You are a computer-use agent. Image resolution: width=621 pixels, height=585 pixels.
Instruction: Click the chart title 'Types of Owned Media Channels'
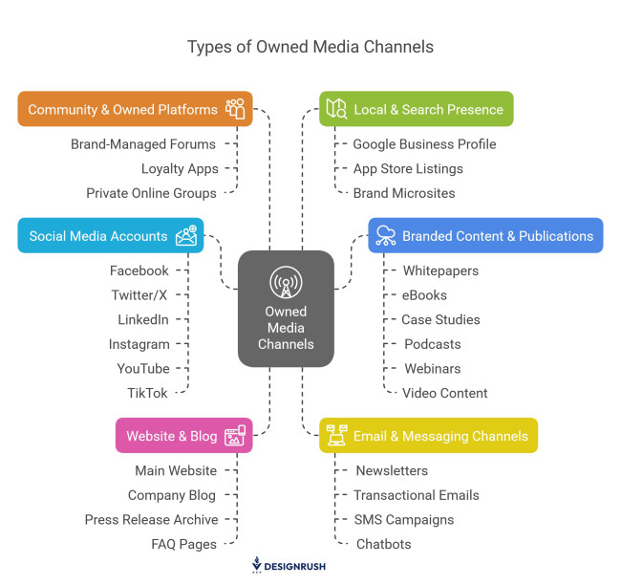pos(310,47)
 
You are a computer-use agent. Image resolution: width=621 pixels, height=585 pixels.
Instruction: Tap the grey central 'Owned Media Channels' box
pos(286,309)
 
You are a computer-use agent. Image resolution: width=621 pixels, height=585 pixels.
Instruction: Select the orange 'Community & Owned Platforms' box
pos(135,109)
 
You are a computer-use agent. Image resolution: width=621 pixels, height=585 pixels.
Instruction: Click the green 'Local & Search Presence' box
pos(416,109)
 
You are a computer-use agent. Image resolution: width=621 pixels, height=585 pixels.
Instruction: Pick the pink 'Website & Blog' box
pos(183,436)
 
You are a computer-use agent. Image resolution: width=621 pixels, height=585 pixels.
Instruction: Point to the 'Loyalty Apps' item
pos(180,168)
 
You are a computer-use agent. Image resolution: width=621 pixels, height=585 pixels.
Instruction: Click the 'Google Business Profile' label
pos(424,144)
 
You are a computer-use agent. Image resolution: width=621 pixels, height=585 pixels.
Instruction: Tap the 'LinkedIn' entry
pos(143,319)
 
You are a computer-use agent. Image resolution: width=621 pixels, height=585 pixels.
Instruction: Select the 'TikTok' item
pos(147,393)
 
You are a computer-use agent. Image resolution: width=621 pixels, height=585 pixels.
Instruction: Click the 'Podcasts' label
pos(432,344)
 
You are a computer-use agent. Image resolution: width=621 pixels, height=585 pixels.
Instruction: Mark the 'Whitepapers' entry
pos(440,271)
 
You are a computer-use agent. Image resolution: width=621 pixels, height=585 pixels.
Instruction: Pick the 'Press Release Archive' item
pos(151,520)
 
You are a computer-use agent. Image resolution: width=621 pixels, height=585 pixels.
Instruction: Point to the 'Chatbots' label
pos(383,544)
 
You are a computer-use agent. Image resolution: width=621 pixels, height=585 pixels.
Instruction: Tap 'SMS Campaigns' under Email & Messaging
pos(404,520)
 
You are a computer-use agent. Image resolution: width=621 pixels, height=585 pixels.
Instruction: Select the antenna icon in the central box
pos(286,284)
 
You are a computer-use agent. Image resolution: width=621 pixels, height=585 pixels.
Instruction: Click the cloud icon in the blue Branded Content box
pos(386,235)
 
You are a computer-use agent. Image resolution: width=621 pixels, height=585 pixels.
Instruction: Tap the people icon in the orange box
pos(235,109)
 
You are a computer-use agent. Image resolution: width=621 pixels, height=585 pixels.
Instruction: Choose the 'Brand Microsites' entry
pos(403,193)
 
